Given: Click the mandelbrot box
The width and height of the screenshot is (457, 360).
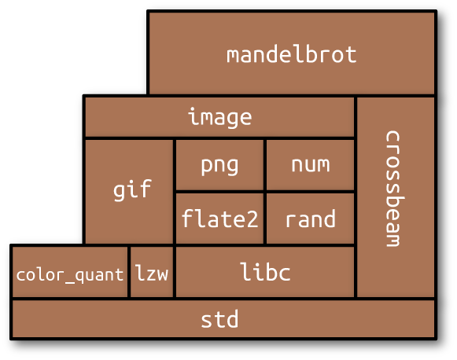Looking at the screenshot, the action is pyautogui.click(x=292, y=53).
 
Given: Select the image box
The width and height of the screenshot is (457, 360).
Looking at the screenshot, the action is pyautogui.click(x=219, y=117).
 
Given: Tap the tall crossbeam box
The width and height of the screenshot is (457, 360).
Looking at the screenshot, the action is pyautogui.click(x=396, y=197).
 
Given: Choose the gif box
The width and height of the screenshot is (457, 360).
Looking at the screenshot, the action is pyautogui.click(x=129, y=191).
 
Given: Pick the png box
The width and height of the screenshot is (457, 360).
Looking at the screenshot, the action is pyautogui.click(x=219, y=165).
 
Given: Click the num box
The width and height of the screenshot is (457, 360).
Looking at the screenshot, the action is pyautogui.click(x=311, y=165).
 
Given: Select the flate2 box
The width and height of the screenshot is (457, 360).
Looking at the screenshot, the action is pyautogui.click(x=219, y=219).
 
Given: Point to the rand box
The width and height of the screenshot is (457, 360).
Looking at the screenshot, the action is pyautogui.click(x=311, y=219).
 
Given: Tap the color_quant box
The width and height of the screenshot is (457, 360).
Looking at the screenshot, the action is pyautogui.click(x=70, y=272).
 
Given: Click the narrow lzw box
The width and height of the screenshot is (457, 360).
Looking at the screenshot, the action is pyautogui.click(x=152, y=272).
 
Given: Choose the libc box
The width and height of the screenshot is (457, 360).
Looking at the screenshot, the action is pyautogui.click(x=265, y=272).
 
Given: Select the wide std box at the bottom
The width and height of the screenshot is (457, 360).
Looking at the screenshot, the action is pyautogui.click(x=223, y=319).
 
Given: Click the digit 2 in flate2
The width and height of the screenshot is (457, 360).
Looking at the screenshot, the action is pyautogui.click(x=252, y=219).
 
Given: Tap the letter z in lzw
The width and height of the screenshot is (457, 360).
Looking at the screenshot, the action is pyautogui.click(x=152, y=274).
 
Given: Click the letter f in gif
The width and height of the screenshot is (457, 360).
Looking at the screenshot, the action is pyautogui.click(x=145, y=188).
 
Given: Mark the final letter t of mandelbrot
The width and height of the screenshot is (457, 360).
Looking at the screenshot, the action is pyautogui.click(x=350, y=54).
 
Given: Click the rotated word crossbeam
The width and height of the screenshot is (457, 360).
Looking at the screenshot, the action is pyautogui.click(x=395, y=189).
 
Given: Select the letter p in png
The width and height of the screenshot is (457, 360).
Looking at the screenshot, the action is pyautogui.click(x=207, y=167).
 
